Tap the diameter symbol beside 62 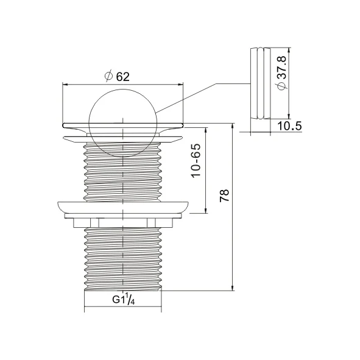pos(108,76)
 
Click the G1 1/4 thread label pos(124,300)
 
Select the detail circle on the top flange pos(124,118)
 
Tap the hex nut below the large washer pos(124,221)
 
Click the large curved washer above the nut pos(124,207)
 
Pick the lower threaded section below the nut pos(124,256)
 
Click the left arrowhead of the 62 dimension pos(66,85)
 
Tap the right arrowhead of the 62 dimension pos(182,85)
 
